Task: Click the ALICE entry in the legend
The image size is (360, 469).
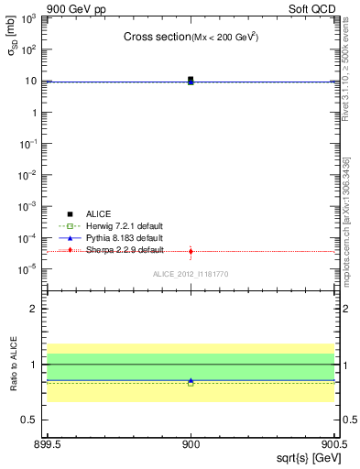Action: [x=100, y=213]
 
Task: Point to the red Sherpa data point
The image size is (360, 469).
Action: [x=191, y=251]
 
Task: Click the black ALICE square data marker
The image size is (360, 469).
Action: [x=191, y=80]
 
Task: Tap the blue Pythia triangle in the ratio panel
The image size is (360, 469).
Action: [x=191, y=380]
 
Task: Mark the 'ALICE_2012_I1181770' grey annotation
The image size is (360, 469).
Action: [x=190, y=274]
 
